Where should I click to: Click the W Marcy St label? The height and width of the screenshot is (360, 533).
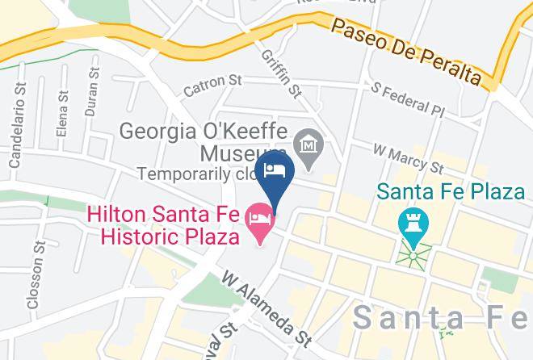[x=409, y=159]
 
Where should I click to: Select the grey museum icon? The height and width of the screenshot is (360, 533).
[x=308, y=145]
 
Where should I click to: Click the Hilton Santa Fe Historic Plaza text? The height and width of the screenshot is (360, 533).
[x=170, y=226]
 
